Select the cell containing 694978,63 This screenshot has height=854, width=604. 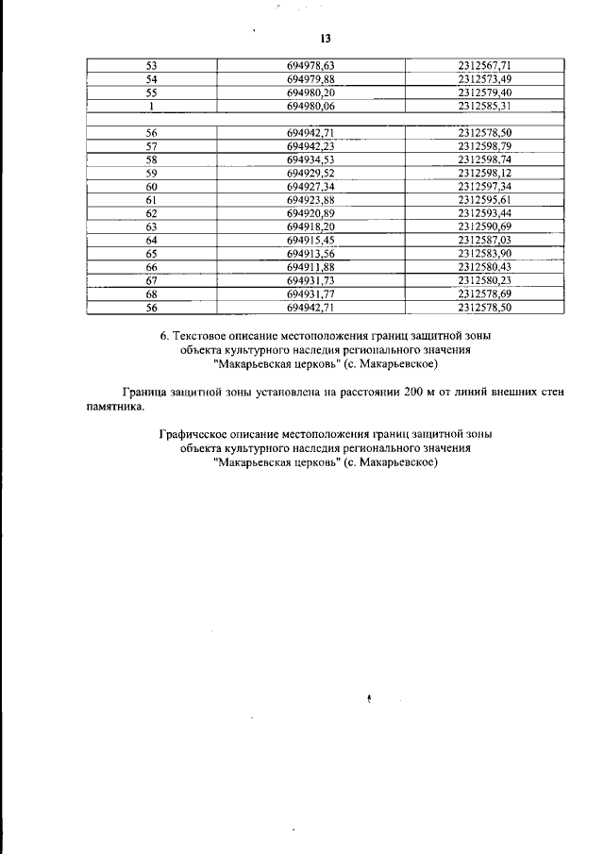[311, 65]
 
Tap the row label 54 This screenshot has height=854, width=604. [151, 79]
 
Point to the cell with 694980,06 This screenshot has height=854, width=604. [311, 107]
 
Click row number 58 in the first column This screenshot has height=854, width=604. [151, 160]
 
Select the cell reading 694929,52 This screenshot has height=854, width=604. [311, 175]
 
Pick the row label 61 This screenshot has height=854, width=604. [151, 201]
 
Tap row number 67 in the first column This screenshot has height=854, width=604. [151, 281]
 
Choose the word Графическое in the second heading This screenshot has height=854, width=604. [193, 434]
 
